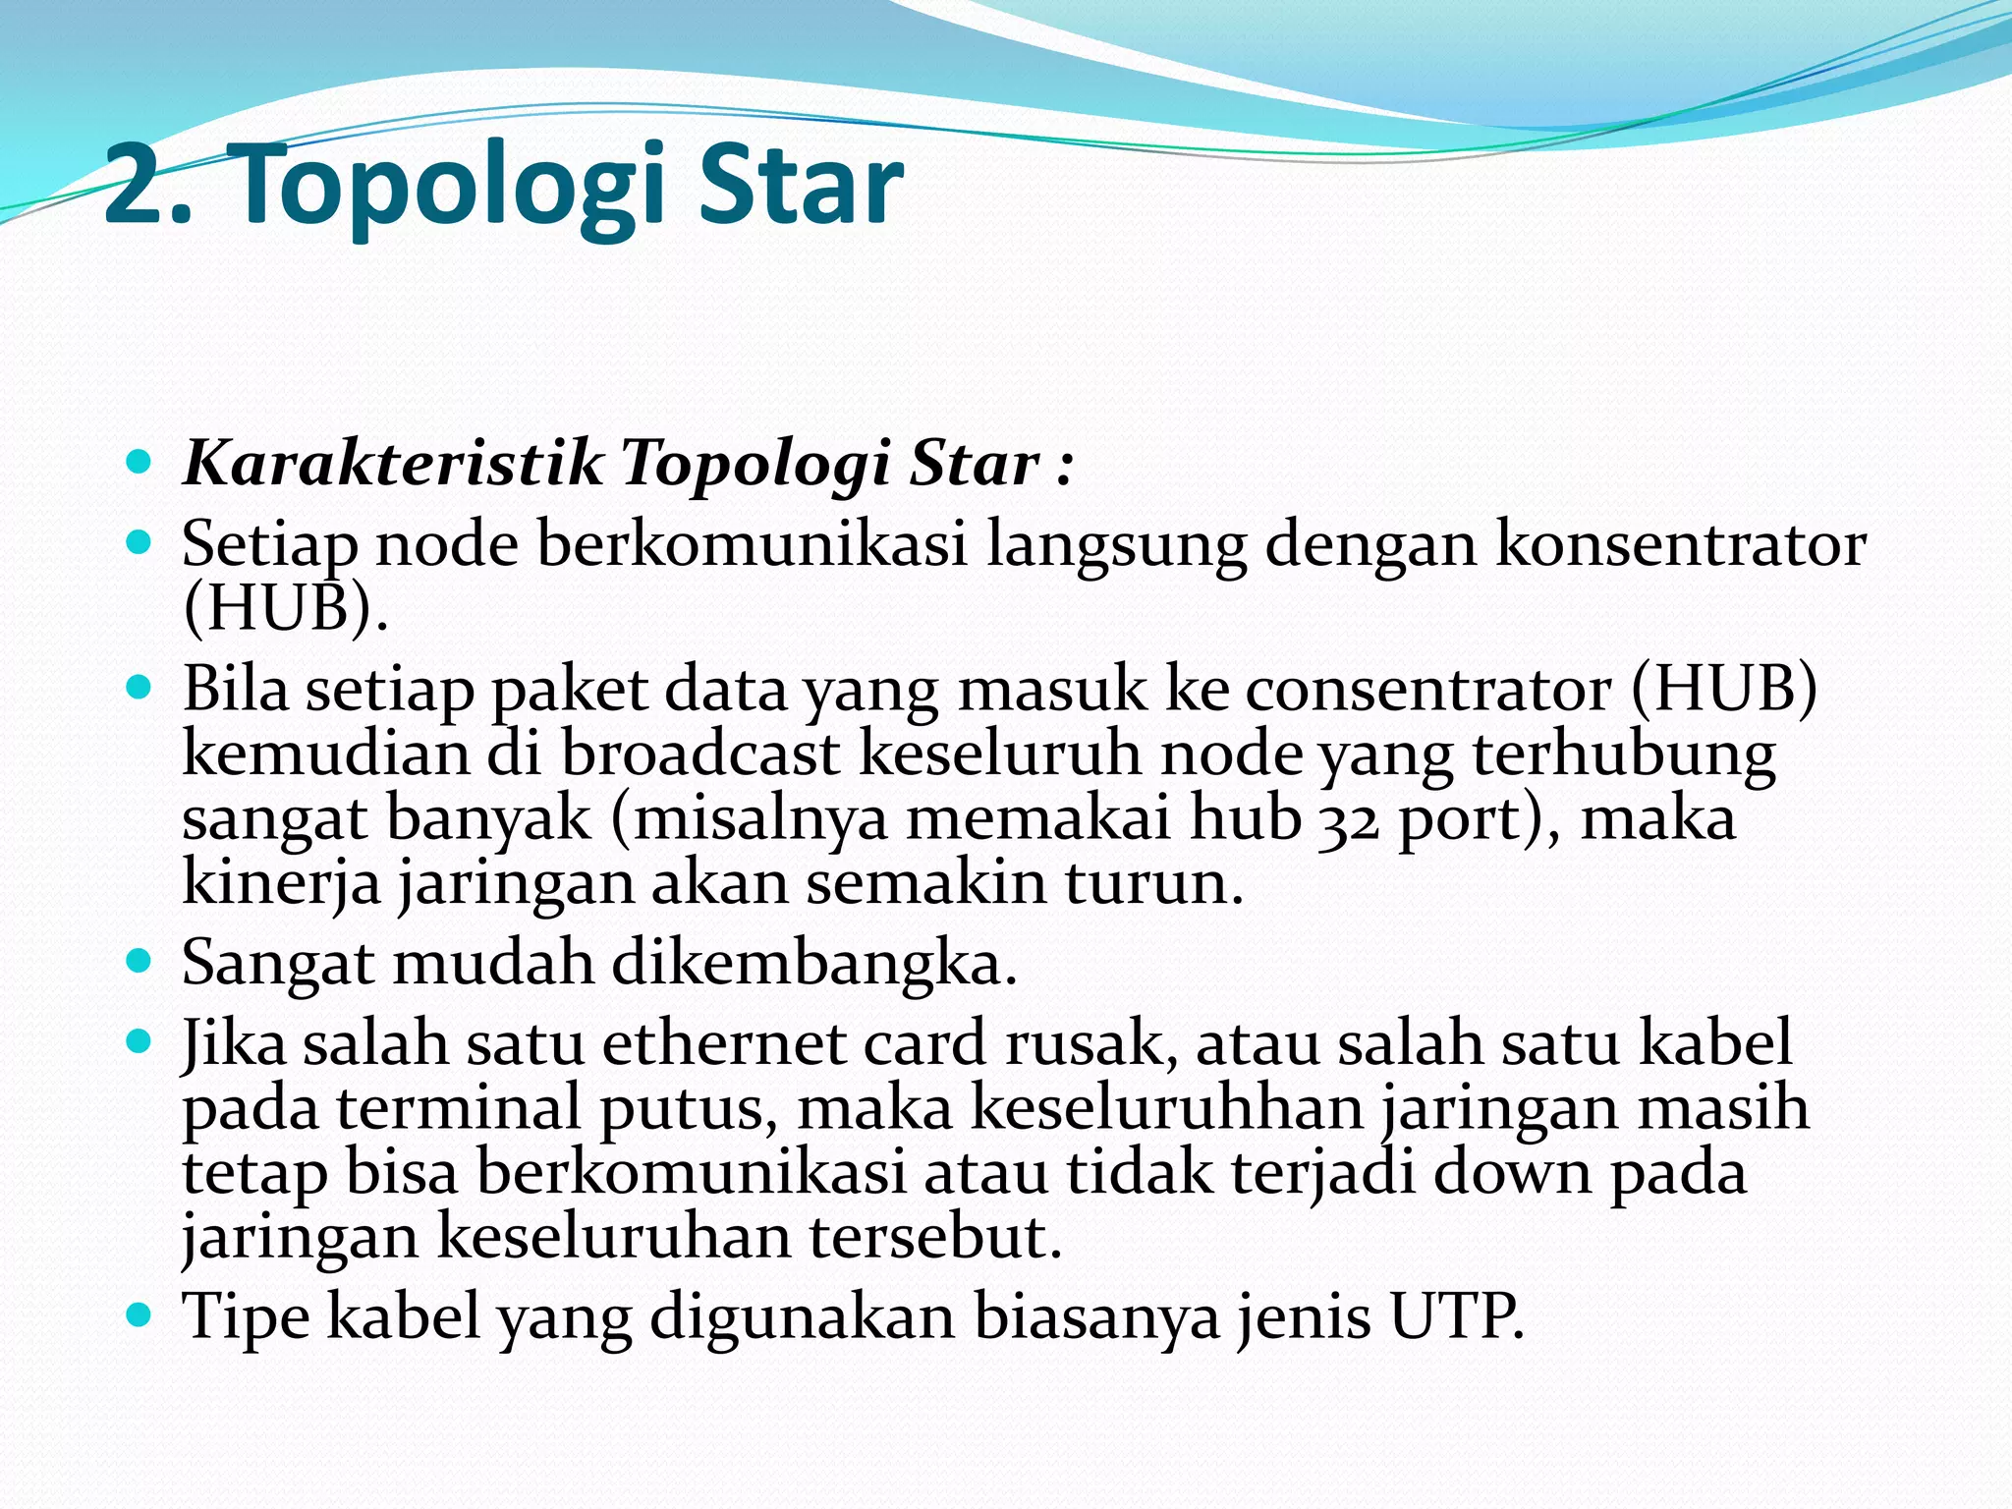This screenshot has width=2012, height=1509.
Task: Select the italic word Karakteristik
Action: coord(393,463)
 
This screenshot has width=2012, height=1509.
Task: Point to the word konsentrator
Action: coord(1680,544)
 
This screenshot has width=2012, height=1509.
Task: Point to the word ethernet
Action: coord(723,1043)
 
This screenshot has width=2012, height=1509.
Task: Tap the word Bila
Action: coord(235,690)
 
